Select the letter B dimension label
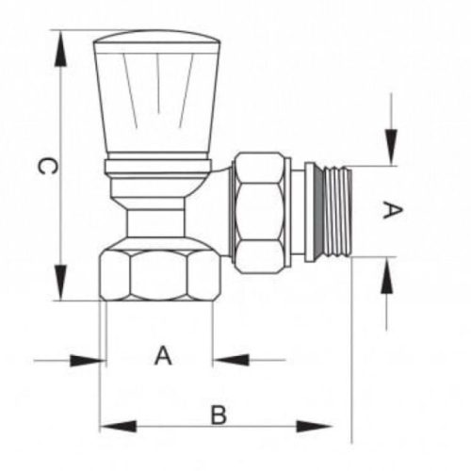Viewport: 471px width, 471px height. pos(219,414)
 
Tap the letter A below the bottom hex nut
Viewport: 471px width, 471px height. pos(163,356)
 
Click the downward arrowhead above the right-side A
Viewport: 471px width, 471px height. pos(387,147)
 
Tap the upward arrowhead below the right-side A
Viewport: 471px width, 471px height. pos(387,276)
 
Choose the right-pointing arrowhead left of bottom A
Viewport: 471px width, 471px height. pos(89,359)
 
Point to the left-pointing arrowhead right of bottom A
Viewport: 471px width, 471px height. pos(230,359)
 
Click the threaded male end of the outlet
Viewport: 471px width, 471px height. pos(334,211)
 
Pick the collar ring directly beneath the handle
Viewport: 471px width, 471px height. pos(157,168)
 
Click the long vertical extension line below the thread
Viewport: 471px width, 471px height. pos(351,358)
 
